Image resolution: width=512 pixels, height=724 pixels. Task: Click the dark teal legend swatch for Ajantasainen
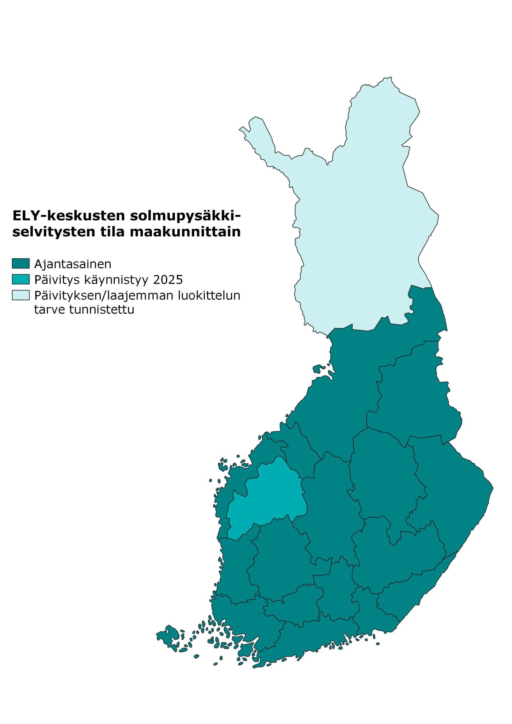(20, 264)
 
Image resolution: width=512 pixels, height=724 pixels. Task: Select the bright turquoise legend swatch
(20, 279)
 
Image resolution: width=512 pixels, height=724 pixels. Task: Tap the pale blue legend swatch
(20, 295)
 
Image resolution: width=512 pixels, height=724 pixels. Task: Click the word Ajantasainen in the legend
(72, 264)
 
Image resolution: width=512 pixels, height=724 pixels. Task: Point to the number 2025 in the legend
(168, 280)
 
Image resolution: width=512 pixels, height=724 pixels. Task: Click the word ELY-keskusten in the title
(68, 216)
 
